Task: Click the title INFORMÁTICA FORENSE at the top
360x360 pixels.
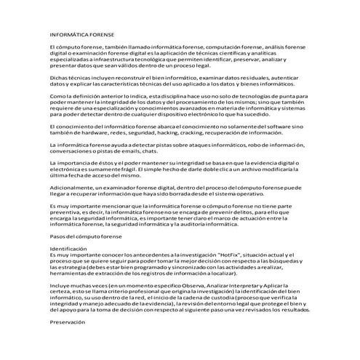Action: [81, 34]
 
